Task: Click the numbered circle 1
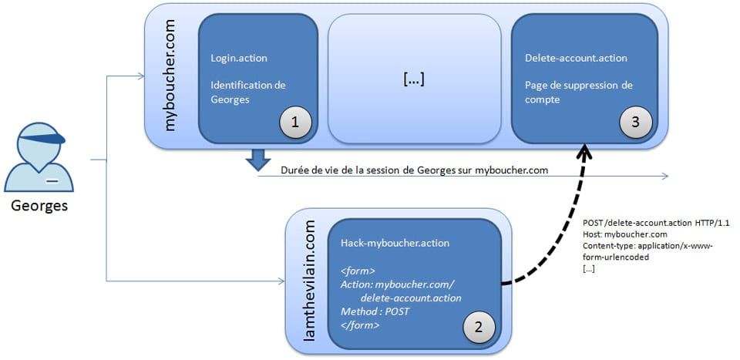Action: (296, 122)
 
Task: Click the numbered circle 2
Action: (478, 327)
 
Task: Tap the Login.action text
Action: (238, 58)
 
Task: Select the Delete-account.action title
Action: (576, 58)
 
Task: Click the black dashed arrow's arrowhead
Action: (587, 150)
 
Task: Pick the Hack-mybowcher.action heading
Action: (395, 243)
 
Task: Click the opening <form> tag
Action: (358, 271)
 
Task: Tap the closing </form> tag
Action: (360, 325)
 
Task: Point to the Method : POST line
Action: (375, 311)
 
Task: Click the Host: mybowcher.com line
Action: (625, 234)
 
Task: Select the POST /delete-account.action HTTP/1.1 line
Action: (656, 223)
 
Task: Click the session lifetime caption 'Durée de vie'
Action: (414, 170)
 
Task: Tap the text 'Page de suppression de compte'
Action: (578, 92)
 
